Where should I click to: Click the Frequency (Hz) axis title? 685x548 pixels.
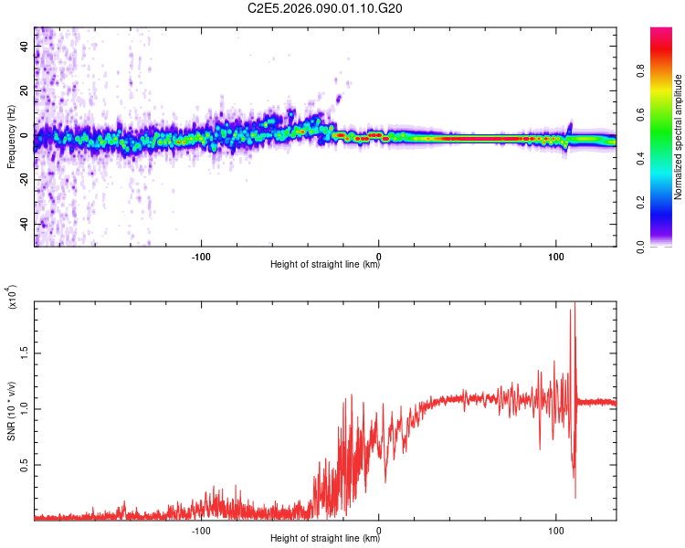11,137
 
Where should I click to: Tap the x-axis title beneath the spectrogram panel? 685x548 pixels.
325,266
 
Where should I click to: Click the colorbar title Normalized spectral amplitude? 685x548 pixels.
679,137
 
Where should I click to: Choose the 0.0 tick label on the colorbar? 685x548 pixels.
668,247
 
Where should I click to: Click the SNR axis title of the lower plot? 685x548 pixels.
11,411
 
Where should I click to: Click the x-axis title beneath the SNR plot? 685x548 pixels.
325,539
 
